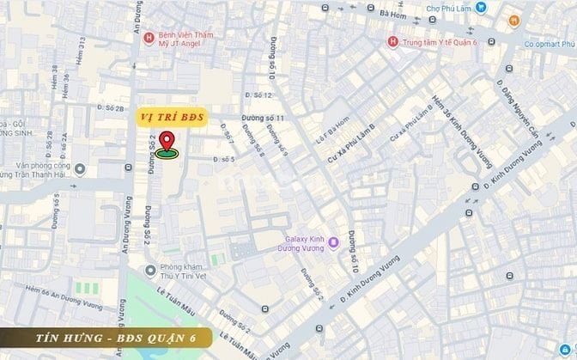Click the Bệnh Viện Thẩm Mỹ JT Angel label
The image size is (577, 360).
click(190, 37)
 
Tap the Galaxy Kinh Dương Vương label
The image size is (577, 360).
click(305, 244)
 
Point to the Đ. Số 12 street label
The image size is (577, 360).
click(256, 95)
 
